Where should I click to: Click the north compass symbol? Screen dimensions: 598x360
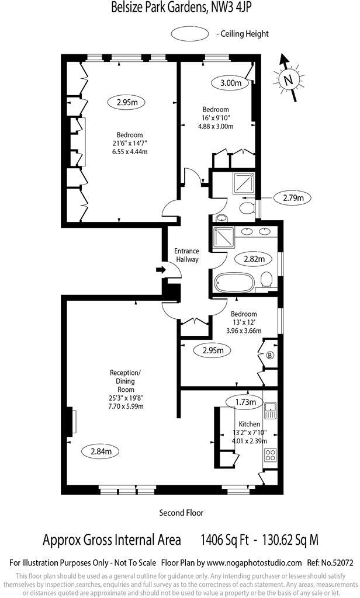(x=288, y=78)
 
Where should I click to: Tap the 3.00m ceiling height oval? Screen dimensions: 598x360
(x=230, y=83)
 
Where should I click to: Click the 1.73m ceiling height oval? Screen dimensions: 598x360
(x=243, y=402)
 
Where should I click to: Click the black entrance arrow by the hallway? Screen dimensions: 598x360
(x=160, y=270)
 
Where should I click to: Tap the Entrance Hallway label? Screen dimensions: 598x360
(x=187, y=256)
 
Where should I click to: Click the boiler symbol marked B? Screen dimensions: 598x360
(x=270, y=354)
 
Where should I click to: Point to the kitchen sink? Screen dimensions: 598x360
(x=271, y=411)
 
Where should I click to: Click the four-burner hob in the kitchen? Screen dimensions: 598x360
(x=271, y=454)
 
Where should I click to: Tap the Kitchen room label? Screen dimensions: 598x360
(x=249, y=425)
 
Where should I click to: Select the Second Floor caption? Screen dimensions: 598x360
(x=181, y=513)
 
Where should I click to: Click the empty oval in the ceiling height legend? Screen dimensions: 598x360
(x=191, y=34)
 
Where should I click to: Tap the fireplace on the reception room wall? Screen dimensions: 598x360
(x=72, y=421)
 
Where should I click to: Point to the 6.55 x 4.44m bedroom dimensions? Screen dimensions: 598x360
(x=129, y=152)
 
